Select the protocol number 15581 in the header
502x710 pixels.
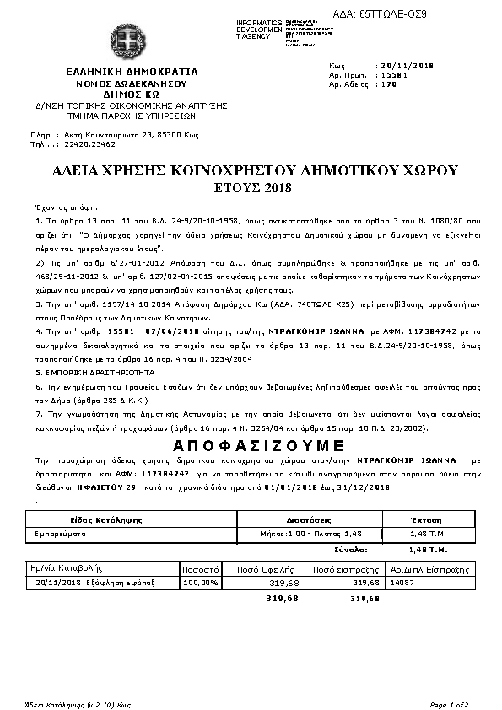pos(391,74)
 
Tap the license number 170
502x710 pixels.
pos(386,84)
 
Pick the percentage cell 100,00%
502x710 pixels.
pos(201,582)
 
